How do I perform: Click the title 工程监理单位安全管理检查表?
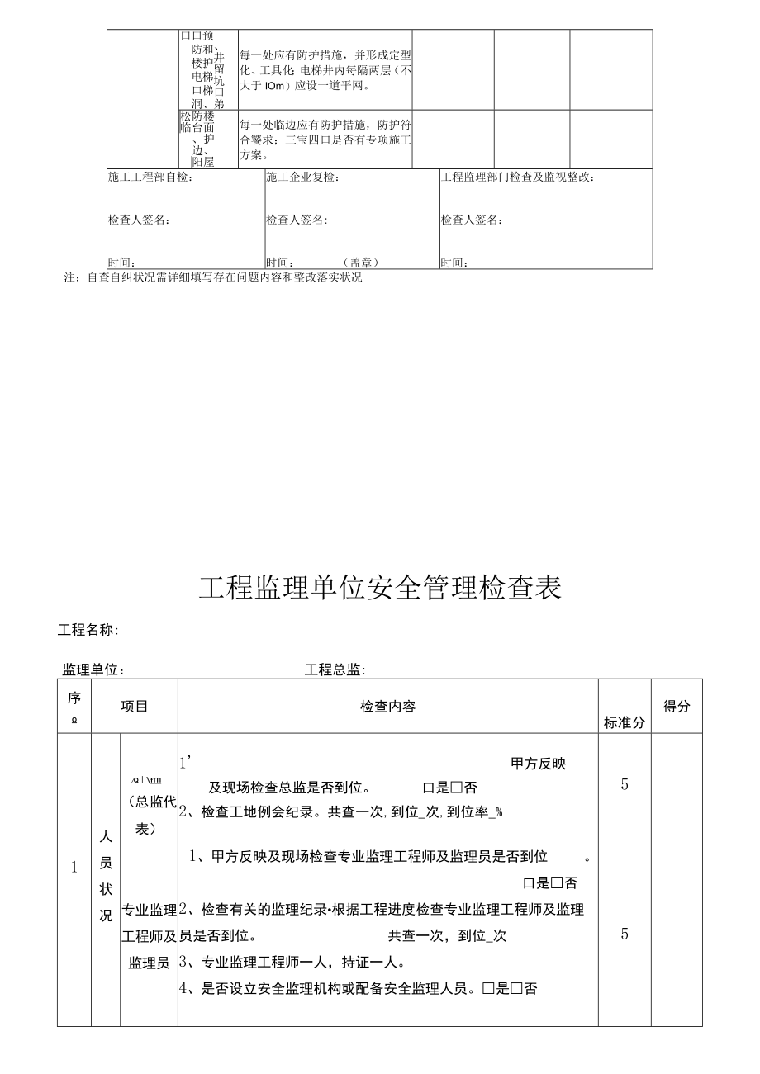[380, 587]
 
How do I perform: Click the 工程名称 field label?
[88, 630]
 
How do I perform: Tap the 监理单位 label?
[93, 669]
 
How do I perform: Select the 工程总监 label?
[335, 669]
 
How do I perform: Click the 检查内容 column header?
[387, 707]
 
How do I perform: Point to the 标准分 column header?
[625, 722]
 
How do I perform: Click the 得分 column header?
[677, 707]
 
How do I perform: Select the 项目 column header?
[135, 707]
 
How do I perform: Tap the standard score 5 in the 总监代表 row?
[625, 784]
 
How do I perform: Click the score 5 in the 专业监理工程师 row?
[625, 934]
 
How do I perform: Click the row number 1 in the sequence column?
[74, 867]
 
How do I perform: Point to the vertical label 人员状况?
[106, 876]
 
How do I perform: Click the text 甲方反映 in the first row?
[539, 764]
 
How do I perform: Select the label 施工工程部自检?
[151, 177]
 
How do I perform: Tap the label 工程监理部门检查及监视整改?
[518, 177]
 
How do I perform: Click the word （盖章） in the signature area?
[360, 263]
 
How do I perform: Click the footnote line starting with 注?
[213, 277]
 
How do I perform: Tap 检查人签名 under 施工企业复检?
[297, 220]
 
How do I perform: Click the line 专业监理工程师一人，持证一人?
[292, 962]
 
